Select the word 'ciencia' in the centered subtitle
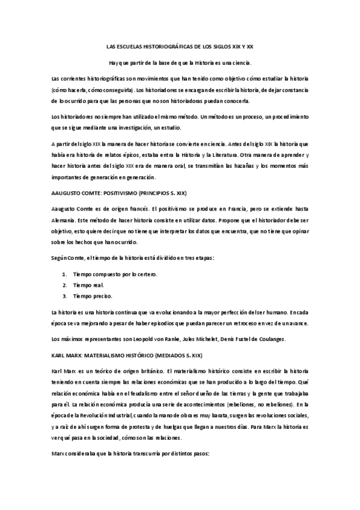pos(240,62)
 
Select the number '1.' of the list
pos(64,274)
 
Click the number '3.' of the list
pos(64,295)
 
